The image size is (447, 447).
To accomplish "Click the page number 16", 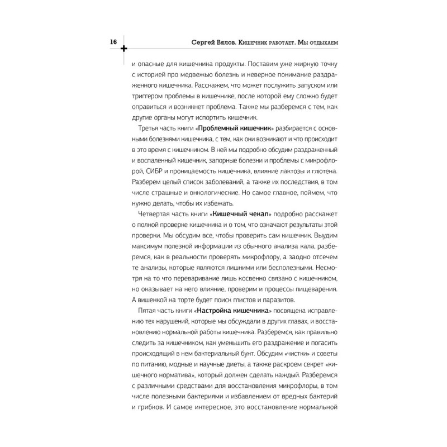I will click(x=113, y=42).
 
